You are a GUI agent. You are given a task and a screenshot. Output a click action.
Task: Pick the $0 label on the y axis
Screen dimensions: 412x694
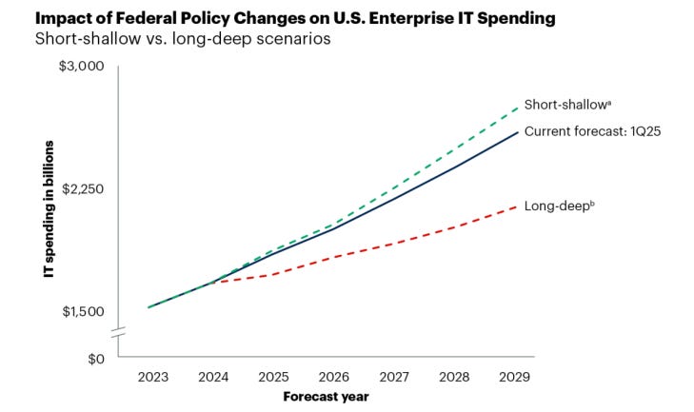coord(91,359)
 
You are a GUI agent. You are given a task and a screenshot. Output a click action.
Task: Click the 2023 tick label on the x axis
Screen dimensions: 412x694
coord(152,377)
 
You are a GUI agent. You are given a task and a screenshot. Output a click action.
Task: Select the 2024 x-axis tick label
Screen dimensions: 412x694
coord(213,377)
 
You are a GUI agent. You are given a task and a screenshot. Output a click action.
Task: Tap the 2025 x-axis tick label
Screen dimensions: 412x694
coord(274,377)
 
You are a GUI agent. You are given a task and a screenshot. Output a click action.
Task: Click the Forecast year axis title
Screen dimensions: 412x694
coord(326,397)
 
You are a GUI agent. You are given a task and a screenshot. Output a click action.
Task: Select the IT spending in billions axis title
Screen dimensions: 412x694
coord(48,208)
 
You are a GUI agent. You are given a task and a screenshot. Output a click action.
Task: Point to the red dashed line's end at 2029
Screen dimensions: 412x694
coord(518,206)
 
